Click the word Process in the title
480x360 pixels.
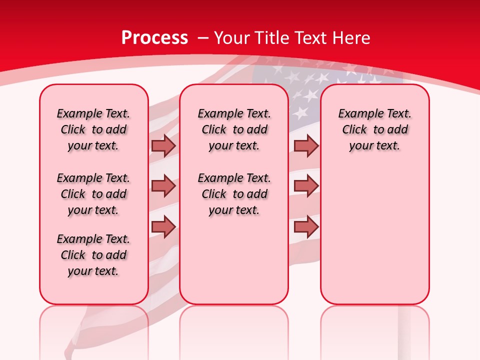(x=154, y=38)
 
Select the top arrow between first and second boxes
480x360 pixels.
(x=163, y=145)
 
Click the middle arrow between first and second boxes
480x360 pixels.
(x=163, y=186)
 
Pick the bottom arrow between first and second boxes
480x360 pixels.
(x=163, y=226)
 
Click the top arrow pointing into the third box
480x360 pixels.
(x=306, y=145)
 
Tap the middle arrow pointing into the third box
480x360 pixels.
(x=306, y=186)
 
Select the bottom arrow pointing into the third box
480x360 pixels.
(x=306, y=226)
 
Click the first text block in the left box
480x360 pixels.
(x=93, y=129)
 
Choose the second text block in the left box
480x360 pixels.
(x=93, y=194)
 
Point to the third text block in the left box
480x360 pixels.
(x=93, y=255)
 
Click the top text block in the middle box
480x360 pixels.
(x=234, y=129)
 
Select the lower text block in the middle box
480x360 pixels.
(x=234, y=194)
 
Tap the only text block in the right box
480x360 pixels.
(x=375, y=129)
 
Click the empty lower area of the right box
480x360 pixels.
(x=375, y=235)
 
